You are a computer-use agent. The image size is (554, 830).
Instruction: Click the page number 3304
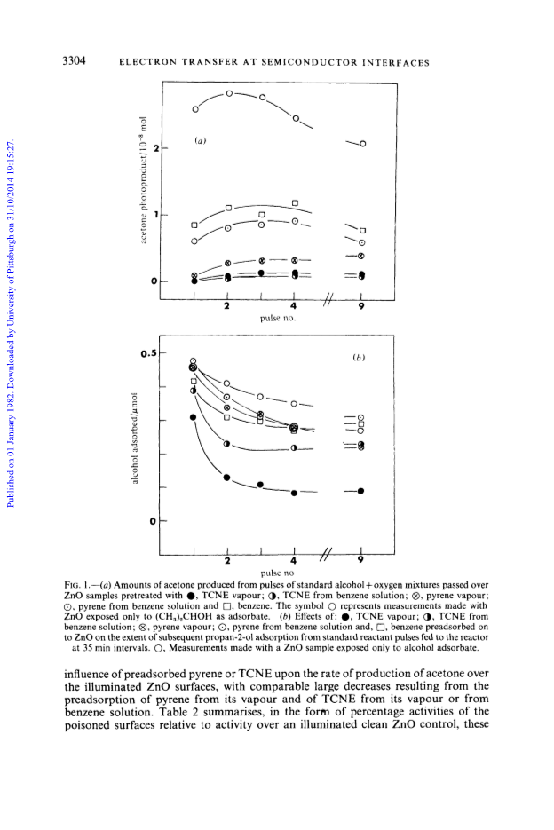pos(74,60)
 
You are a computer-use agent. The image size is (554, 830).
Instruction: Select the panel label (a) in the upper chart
pos(200,140)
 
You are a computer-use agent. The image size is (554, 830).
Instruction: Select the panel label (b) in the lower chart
pos(359,358)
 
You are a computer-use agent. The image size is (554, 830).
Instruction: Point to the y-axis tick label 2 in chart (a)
pos(155,147)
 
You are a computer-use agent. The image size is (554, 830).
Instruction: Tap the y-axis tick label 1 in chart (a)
pos(156,215)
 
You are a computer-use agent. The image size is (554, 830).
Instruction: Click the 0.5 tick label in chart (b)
pos(149,353)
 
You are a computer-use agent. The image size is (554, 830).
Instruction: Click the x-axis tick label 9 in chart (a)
pos(361,306)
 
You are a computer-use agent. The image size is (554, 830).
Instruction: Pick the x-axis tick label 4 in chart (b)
pos(293,560)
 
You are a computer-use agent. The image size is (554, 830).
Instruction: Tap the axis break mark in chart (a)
pos(328,300)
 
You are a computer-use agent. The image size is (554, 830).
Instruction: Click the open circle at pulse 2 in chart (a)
pos(229,94)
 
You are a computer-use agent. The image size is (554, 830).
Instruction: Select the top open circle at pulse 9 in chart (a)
pos(363,144)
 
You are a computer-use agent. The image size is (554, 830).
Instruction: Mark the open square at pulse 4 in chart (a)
pos(295,202)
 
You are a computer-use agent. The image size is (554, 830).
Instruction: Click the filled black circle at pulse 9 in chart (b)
pos(360,491)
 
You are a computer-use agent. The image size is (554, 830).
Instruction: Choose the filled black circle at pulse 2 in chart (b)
pos(226,478)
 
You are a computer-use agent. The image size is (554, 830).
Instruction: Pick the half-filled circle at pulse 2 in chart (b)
pos(226,444)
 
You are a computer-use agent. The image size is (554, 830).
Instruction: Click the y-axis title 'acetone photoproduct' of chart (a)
pos(143,180)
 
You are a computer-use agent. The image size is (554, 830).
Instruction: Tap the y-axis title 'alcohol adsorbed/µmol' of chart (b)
pos(135,438)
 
